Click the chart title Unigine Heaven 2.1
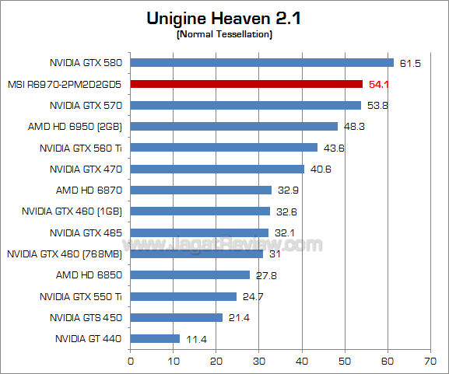coord(223,19)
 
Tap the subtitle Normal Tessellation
coord(224,35)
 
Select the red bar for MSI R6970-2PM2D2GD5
coord(246,84)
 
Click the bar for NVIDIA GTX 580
coord(261,63)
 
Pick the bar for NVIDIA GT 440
coord(155,338)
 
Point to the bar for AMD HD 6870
coord(201,190)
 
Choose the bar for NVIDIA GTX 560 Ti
coord(223,148)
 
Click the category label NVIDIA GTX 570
coord(86,105)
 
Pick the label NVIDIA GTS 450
coord(86,317)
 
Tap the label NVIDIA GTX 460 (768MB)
coord(65,253)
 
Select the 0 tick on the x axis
coord(131,361)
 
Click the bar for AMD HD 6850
coord(190,274)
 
